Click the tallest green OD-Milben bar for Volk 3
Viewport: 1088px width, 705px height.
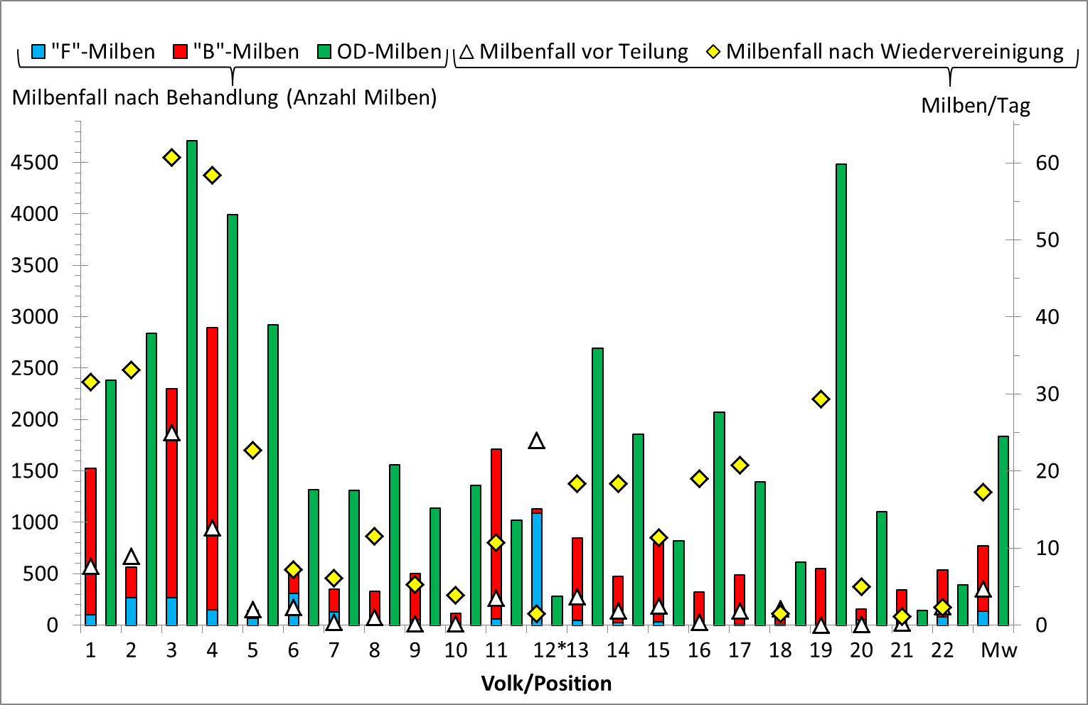tap(191, 384)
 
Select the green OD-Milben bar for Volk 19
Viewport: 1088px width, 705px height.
tap(841, 394)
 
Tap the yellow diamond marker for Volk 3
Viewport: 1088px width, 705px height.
tap(171, 158)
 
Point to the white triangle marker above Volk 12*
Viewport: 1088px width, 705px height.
tap(537, 441)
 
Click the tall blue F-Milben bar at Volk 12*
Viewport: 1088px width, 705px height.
tap(537, 569)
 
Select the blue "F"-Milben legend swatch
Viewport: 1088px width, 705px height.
tap(38, 52)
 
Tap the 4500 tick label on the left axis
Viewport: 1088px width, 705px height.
tap(34, 163)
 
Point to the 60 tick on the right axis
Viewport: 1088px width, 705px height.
tap(1047, 163)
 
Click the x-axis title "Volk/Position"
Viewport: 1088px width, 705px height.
tap(546, 684)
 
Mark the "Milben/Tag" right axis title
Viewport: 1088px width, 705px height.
tap(975, 106)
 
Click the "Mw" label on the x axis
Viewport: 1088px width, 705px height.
tap(999, 650)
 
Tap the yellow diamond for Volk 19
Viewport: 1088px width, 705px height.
tap(821, 399)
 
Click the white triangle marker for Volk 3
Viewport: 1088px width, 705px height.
tap(171, 434)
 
